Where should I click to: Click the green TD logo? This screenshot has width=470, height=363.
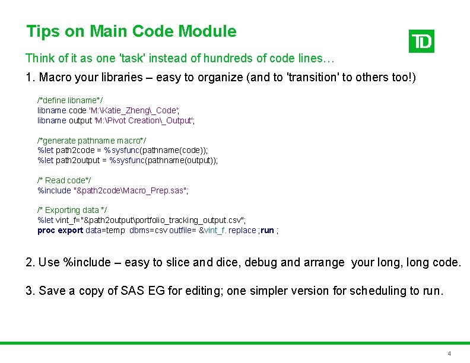(421, 41)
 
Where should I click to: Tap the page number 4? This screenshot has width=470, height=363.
(449, 354)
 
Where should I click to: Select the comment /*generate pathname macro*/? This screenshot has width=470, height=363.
(88, 140)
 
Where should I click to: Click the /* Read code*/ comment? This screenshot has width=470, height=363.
(64, 180)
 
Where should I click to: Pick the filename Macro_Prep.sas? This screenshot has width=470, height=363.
(157, 190)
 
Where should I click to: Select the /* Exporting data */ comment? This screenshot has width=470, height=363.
(72, 210)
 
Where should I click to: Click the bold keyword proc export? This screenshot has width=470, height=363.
(60, 230)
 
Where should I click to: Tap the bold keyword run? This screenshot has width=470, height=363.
(268, 230)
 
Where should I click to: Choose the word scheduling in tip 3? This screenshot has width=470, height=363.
(376, 291)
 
